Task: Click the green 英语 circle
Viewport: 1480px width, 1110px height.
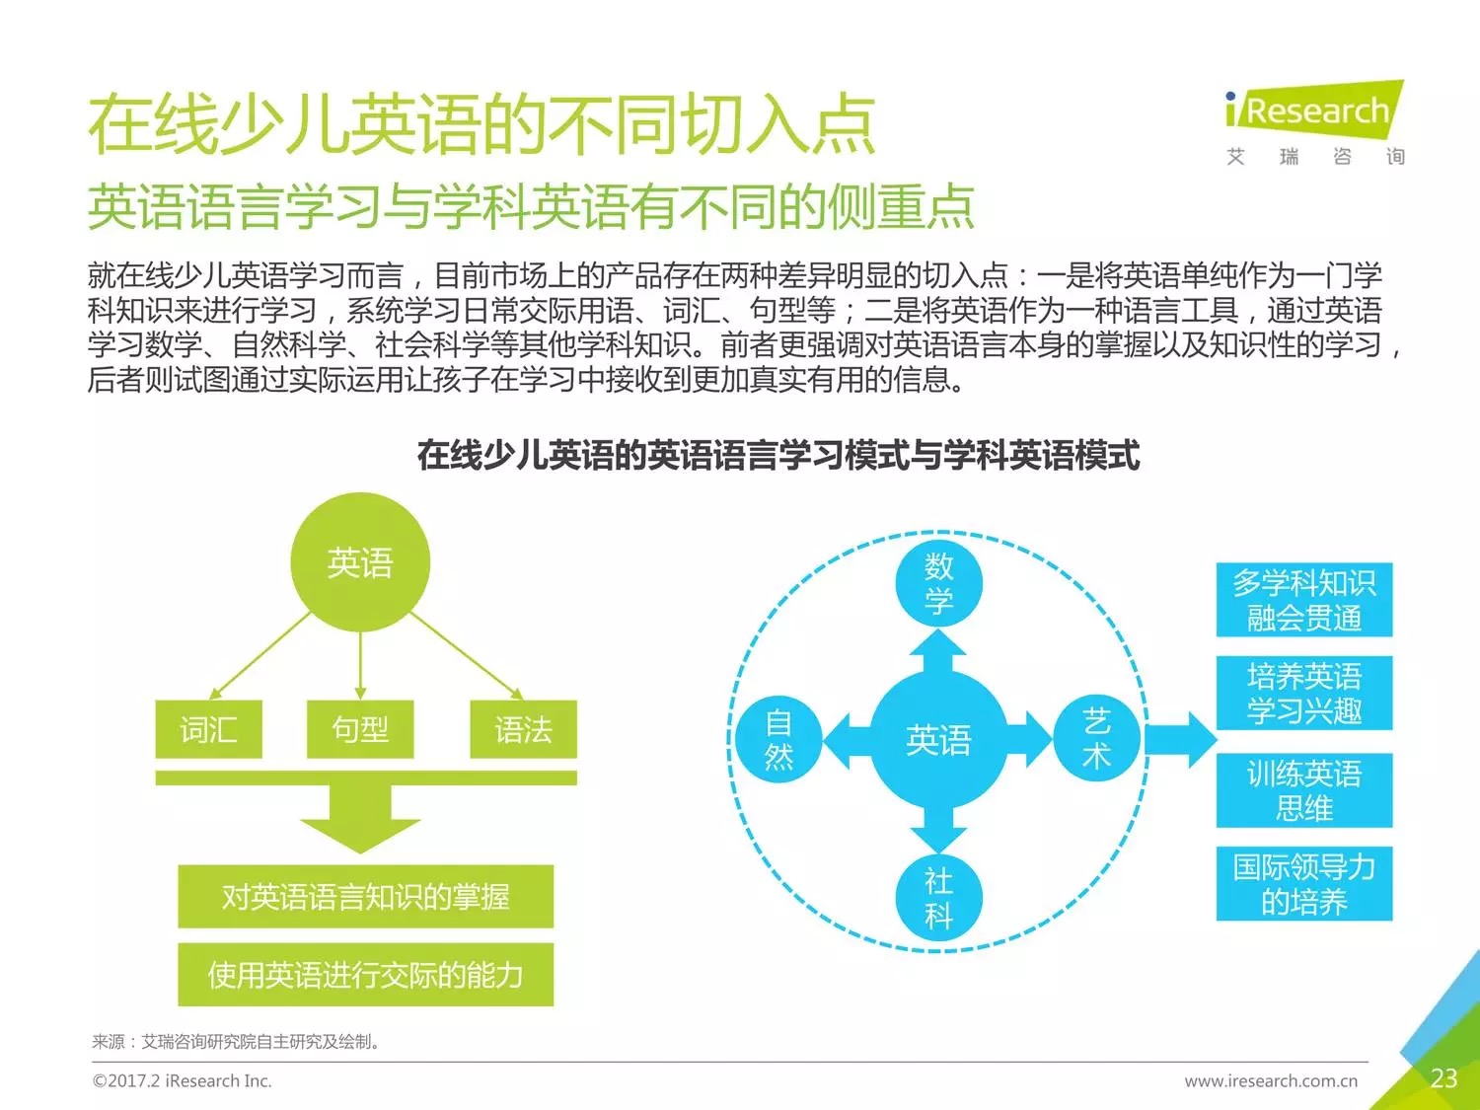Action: pyautogui.click(x=360, y=562)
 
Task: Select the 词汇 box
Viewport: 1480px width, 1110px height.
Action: pyautogui.click(x=208, y=729)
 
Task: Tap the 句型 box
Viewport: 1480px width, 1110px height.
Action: pyautogui.click(x=360, y=729)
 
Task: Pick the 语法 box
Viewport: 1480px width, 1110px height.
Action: pyautogui.click(x=523, y=729)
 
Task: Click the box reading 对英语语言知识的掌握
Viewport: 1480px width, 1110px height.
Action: pyautogui.click(x=365, y=896)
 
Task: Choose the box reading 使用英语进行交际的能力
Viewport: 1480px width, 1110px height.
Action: pyautogui.click(x=365, y=975)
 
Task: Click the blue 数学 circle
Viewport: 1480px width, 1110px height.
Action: pyautogui.click(x=938, y=583)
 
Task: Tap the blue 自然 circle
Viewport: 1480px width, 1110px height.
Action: pyautogui.click(x=778, y=740)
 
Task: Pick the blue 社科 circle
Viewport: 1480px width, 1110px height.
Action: pyautogui.click(x=938, y=898)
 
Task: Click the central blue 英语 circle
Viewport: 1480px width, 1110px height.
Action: pyautogui.click(x=938, y=740)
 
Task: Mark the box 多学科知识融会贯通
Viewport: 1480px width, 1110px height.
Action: pyautogui.click(x=1303, y=600)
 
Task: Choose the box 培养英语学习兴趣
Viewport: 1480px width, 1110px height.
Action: pyautogui.click(x=1303, y=693)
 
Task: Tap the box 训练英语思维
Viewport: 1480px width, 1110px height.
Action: pyautogui.click(x=1303, y=790)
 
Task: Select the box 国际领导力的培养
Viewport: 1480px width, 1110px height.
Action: pyautogui.click(x=1303, y=884)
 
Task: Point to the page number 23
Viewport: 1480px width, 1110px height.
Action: pyautogui.click(x=1443, y=1078)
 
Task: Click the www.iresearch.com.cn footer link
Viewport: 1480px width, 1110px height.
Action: pyautogui.click(x=1271, y=1081)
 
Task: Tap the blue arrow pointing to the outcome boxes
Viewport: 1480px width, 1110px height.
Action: pyautogui.click(x=1182, y=739)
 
